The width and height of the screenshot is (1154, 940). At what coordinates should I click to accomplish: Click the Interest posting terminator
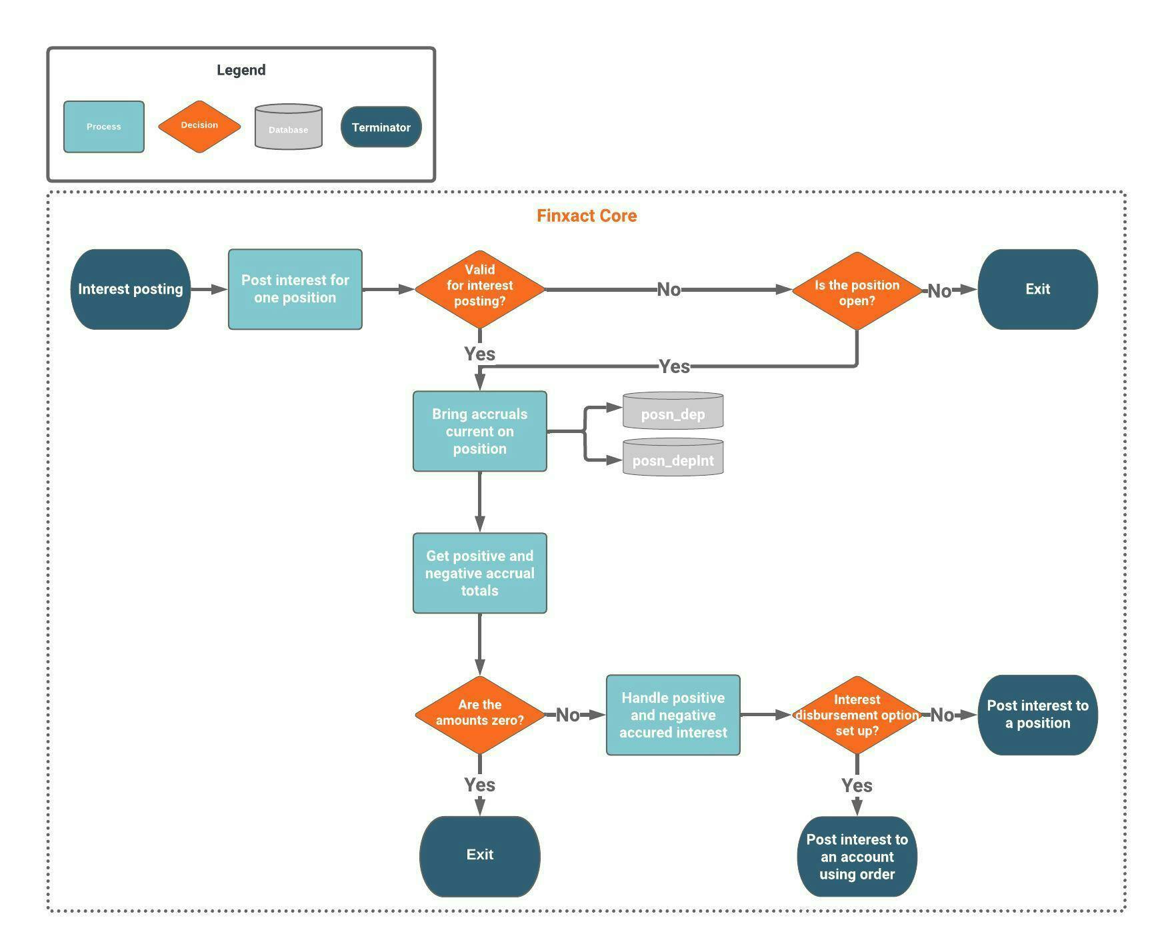coord(130,289)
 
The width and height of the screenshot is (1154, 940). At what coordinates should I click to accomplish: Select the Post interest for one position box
coord(295,289)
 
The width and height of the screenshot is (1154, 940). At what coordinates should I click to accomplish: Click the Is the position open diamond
coord(857,292)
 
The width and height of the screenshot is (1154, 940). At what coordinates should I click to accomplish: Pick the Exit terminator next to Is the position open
coord(1037,289)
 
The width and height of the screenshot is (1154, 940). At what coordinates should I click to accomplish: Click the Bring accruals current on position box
coord(479,431)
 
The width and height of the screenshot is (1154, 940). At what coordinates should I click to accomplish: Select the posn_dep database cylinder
coord(673,411)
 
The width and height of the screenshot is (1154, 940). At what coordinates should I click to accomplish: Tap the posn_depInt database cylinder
coord(673,458)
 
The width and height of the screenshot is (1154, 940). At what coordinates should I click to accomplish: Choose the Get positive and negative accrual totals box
coord(479,573)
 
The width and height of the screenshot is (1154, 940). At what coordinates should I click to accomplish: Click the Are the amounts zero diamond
coord(479,713)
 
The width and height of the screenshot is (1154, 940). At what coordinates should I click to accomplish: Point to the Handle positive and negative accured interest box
coord(673,715)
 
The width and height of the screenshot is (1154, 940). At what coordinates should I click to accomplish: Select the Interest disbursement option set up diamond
coord(857,715)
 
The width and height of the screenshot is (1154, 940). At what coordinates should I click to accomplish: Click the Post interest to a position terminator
coord(1037,715)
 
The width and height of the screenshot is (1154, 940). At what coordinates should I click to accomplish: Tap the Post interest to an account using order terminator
coord(857,857)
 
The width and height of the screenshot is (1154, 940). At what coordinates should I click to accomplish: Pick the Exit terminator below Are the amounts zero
coord(479,855)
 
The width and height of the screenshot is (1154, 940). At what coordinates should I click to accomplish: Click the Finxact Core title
coord(587,216)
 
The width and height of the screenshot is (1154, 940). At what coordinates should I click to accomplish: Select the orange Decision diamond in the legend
coord(199,126)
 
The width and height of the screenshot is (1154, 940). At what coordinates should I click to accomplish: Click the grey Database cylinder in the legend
coord(288,127)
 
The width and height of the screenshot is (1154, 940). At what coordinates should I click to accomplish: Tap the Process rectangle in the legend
coord(103,127)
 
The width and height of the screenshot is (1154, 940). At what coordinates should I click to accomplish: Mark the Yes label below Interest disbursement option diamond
coord(857,786)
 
